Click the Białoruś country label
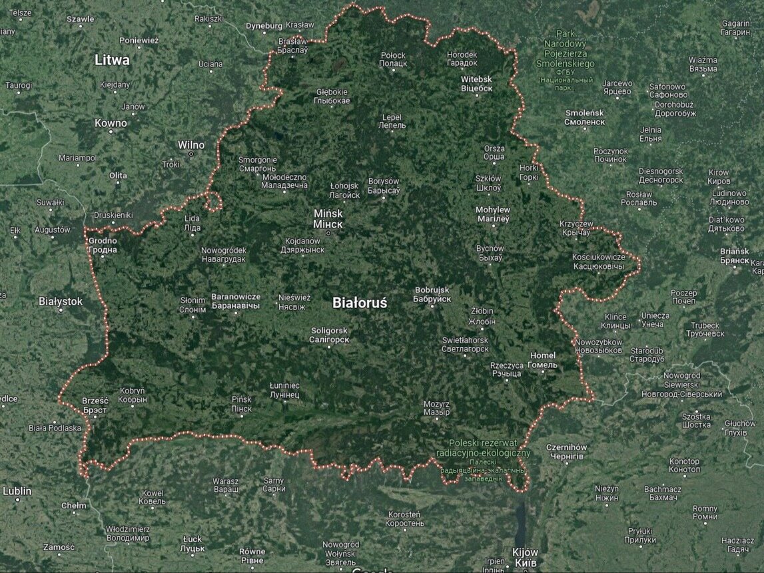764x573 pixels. tap(360, 303)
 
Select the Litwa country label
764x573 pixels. tap(112, 60)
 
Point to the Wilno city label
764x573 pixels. tap(191, 145)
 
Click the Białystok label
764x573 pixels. tap(61, 301)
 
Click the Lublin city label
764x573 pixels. tap(17, 491)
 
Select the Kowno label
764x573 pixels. tap(111, 123)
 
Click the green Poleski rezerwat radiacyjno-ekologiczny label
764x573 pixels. tap(490, 448)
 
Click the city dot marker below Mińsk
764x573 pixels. tap(328, 233)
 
